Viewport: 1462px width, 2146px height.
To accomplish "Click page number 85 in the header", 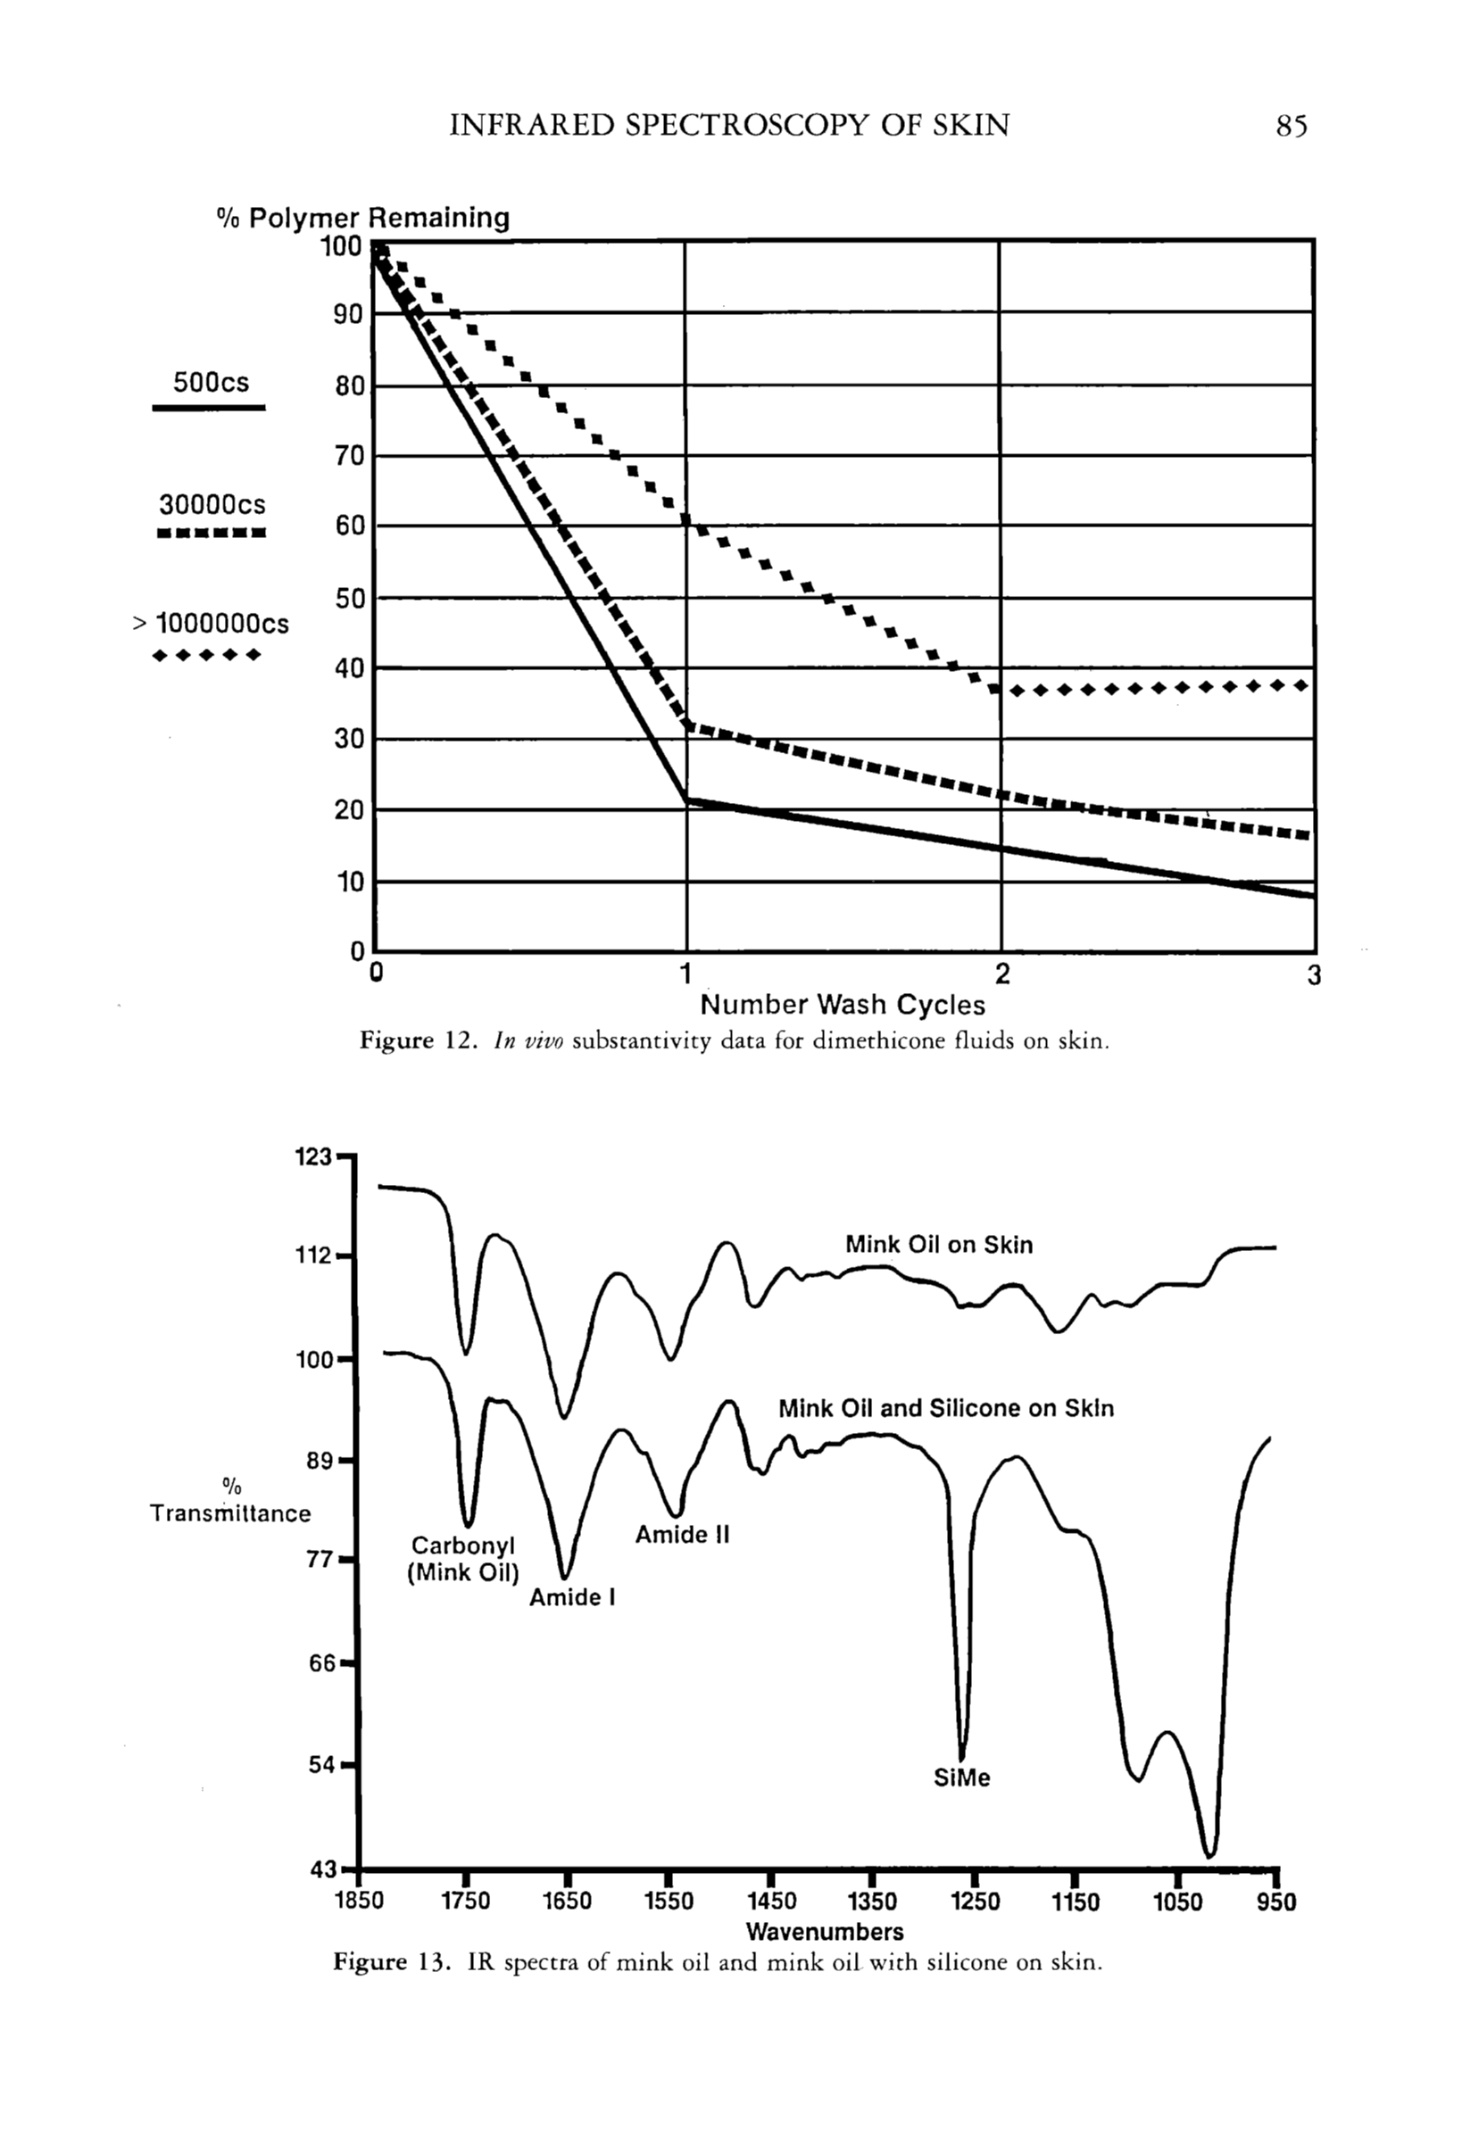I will point(1292,125).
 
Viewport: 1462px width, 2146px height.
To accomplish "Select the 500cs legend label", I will point(211,382).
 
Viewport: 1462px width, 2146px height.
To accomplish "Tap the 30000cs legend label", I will point(212,505).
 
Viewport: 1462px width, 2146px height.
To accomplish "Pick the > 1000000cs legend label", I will point(212,625).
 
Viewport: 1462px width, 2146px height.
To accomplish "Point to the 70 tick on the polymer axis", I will point(349,456).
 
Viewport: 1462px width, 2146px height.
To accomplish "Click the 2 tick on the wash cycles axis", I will point(1002,974).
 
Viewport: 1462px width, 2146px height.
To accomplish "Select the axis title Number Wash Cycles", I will point(843,1005).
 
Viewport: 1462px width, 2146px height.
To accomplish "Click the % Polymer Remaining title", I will point(363,218).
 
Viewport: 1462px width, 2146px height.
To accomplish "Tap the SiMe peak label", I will point(961,1777).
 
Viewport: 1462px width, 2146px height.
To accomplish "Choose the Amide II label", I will point(682,1535).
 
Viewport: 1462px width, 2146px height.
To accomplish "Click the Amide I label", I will point(572,1597).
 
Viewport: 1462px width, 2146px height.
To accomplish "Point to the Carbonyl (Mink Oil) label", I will point(462,1559).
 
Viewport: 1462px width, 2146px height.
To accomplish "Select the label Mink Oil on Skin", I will point(938,1245).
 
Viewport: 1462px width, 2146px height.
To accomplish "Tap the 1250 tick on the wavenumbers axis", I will point(976,1902).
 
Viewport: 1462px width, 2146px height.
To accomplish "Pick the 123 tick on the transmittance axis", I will point(313,1156).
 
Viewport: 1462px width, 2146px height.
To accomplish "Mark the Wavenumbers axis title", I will point(825,1932).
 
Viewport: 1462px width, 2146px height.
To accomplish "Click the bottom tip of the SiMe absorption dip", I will point(961,1758).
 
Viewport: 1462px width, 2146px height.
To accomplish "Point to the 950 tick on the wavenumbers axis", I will point(1275,1902).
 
